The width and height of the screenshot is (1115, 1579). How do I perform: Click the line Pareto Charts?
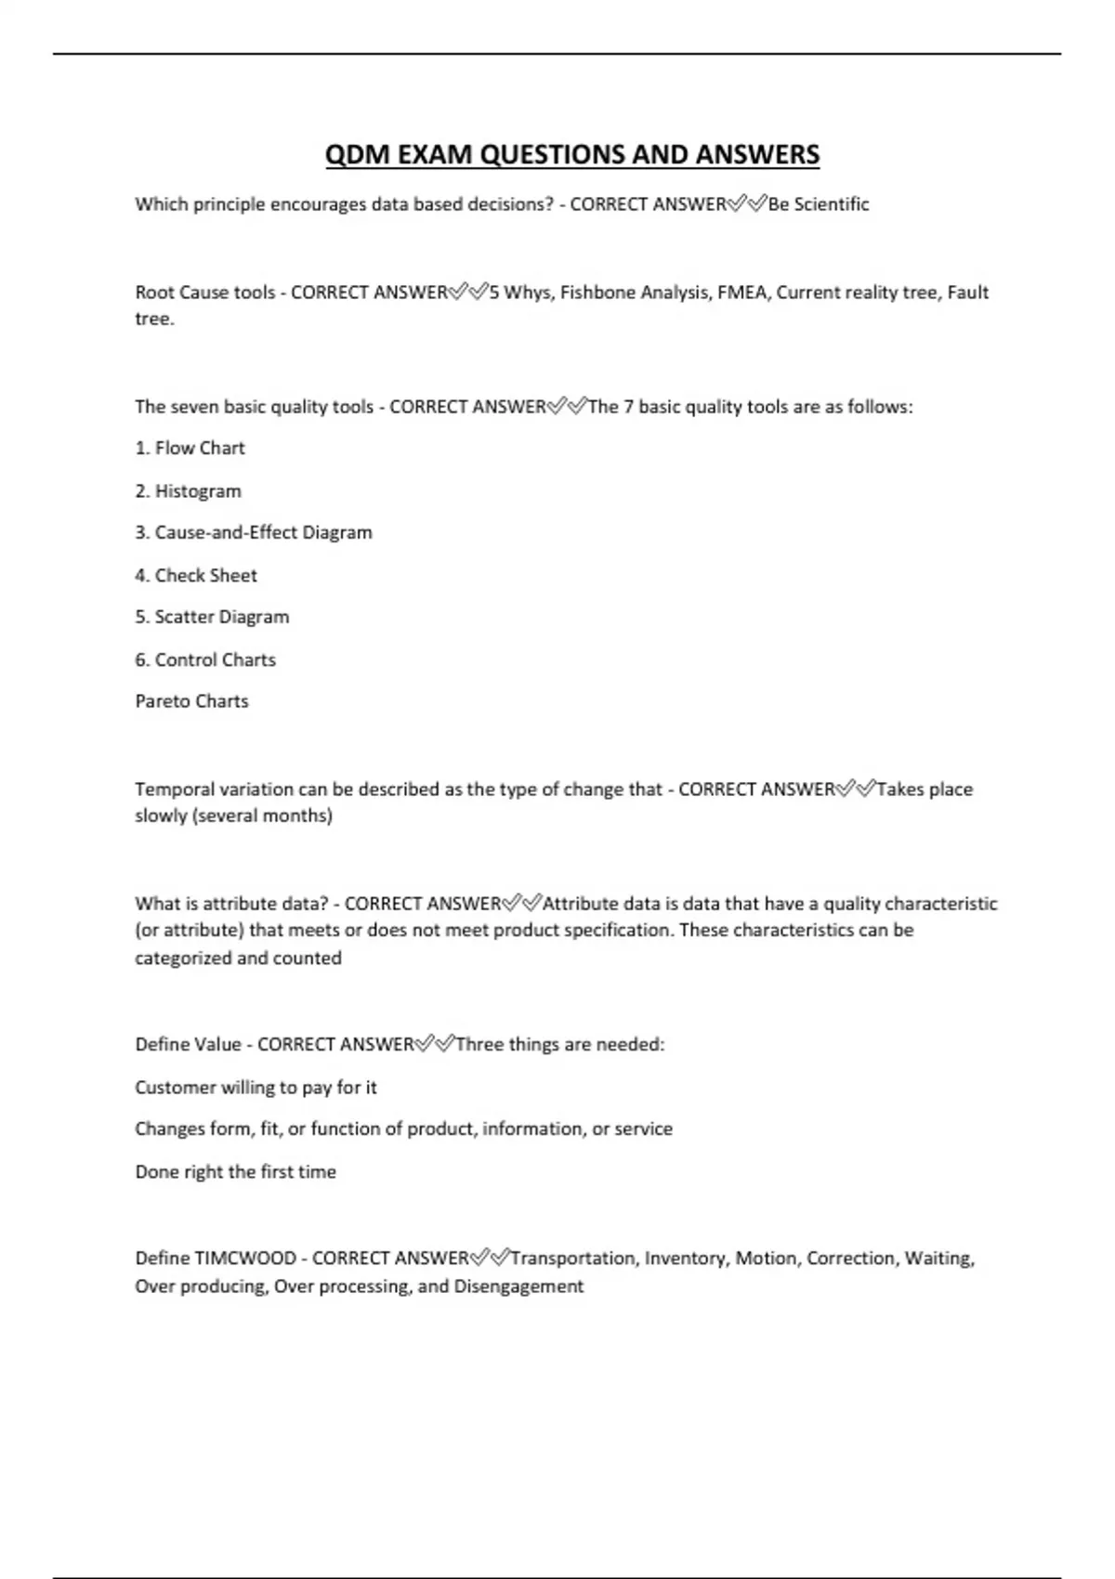(191, 702)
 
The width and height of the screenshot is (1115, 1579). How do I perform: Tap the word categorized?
(183, 959)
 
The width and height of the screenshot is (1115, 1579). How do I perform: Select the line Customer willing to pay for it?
(256, 1088)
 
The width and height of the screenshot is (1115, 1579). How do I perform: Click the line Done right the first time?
(235, 1172)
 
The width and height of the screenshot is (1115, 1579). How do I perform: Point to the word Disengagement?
(518, 1287)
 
